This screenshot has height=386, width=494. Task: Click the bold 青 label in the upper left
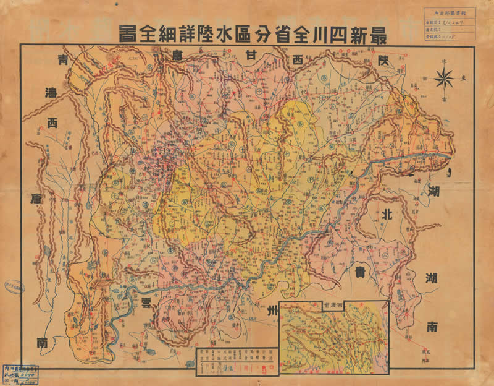[x=62, y=62]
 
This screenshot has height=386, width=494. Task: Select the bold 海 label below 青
[x=52, y=93]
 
